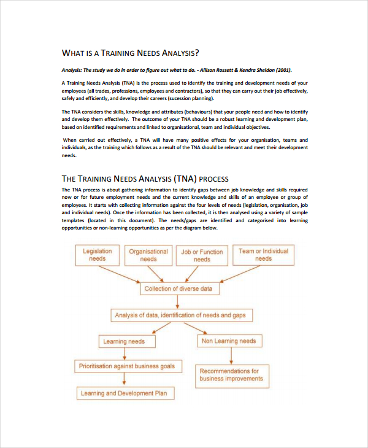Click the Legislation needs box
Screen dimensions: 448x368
[97, 255]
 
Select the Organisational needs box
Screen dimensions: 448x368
[148, 255]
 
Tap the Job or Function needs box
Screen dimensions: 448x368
[202, 255]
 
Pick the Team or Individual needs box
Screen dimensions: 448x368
[263, 255]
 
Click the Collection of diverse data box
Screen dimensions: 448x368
[178, 288]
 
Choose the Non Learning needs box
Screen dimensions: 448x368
[229, 341]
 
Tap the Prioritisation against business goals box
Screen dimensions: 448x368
[127, 366]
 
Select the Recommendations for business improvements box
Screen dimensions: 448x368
[229, 375]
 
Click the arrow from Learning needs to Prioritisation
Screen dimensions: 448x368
[125, 354]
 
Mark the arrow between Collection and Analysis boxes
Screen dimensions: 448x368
[178, 302]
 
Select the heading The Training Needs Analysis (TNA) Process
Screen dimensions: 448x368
[145, 179]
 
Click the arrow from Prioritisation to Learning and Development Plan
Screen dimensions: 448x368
[125, 380]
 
